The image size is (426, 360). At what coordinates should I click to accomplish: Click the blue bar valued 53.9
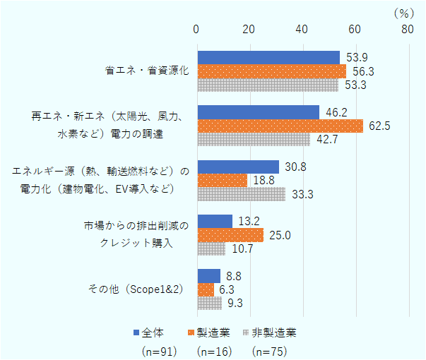click(268, 57)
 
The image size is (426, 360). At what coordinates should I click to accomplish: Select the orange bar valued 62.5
click(280, 126)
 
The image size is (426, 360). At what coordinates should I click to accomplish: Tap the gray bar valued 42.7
click(254, 140)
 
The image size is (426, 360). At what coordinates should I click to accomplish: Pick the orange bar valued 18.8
click(222, 180)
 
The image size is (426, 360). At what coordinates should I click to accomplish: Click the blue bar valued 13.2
click(215, 221)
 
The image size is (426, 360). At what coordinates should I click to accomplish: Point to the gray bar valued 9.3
click(209, 303)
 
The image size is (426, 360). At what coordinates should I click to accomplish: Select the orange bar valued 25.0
click(230, 235)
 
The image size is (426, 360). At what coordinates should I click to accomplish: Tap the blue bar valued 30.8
click(238, 167)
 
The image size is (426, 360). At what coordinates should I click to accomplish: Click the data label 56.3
click(360, 71)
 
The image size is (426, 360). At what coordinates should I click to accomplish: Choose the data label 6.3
click(228, 289)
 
